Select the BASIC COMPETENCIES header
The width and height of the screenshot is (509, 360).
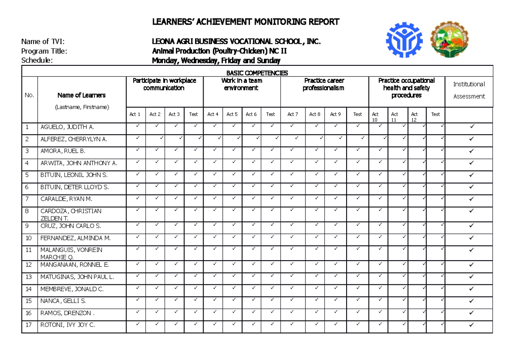(257, 73)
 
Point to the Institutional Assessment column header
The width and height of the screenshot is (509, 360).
(469, 90)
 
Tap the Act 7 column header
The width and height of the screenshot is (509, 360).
(293, 114)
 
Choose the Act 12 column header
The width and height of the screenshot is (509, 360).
(414, 117)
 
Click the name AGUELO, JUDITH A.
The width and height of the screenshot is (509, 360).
(67, 127)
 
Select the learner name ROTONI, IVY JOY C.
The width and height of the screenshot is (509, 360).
(67, 325)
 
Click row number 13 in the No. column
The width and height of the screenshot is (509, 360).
(28, 277)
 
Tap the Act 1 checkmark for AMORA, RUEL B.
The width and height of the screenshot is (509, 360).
(137, 150)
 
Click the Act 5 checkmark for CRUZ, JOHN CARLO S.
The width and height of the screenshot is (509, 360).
(232, 225)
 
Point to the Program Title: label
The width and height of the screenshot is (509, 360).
(44, 51)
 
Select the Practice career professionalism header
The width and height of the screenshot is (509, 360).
(324, 84)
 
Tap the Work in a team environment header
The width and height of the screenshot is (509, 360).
(242, 84)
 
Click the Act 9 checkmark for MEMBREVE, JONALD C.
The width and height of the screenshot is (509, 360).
(335, 288)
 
